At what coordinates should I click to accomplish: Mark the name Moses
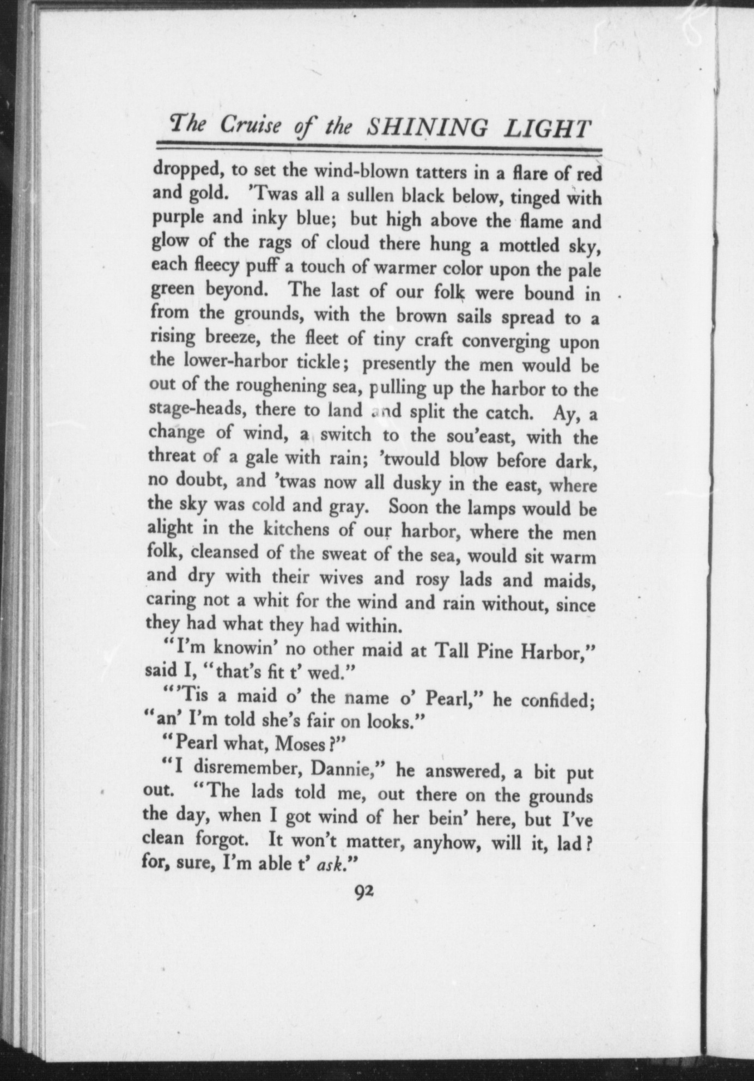click(x=298, y=743)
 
